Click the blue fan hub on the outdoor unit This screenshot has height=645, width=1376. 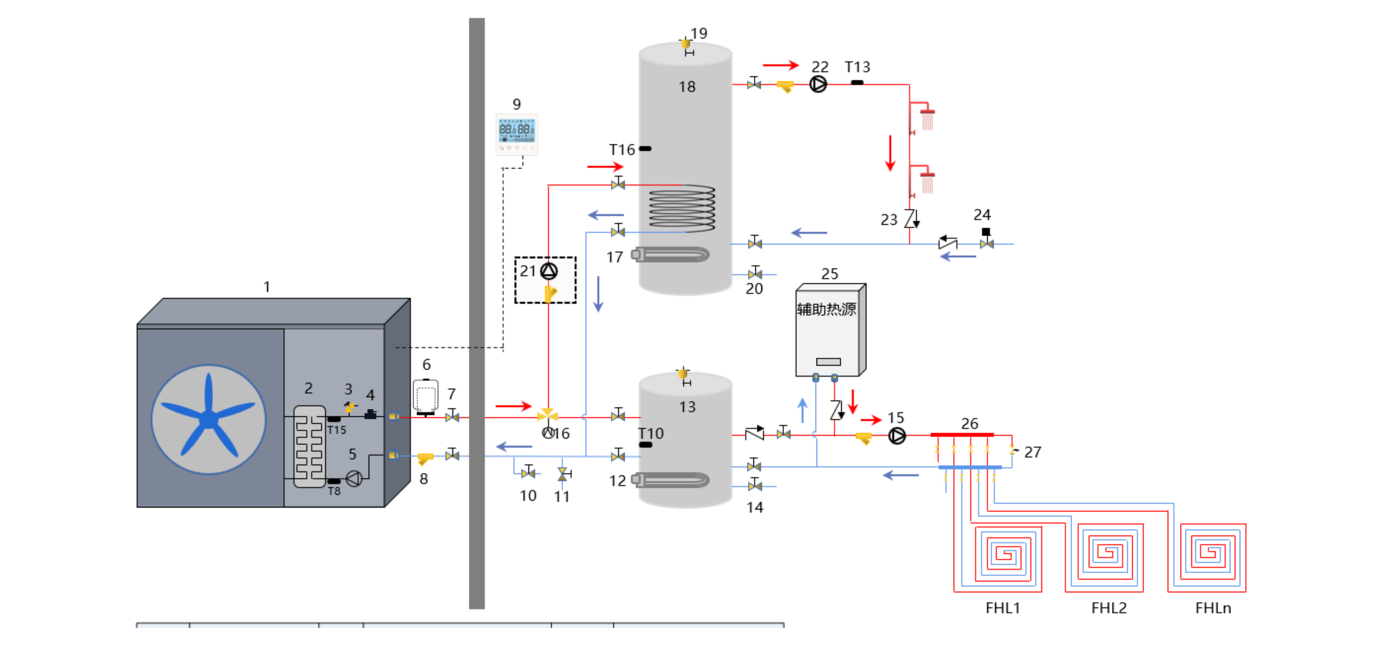pyautogui.click(x=208, y=419)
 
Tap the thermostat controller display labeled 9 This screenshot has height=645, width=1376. pyautogui.click(x=516, y=134)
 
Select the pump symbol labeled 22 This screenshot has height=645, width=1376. pyautogui.click(x=818, y=84)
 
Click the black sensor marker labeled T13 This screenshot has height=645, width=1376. pyautogui.click(x=857, y=82)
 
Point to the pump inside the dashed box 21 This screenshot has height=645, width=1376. pyautogui.click(x=549, y=271)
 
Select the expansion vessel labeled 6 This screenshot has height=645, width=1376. pyautogui.click(x=426, y=397)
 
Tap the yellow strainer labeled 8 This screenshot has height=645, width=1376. pyautogui.click(x=425, y=458)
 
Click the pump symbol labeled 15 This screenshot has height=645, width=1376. pyautogui.click(x=897, y=436)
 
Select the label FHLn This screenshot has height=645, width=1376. pyautogui.click(x=1213, y=608)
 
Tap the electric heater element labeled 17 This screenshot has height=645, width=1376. pyautogui.click(x=672, y=255)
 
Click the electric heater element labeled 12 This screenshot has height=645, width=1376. pyautogui.click(x=672, y=479)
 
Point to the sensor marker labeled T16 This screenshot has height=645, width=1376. pyautogui.click(x=645, y=148)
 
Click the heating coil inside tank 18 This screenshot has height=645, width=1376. pyautogui.click(x=682, y=208)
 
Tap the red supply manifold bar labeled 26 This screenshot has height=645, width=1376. pyautogui.click(x=961, y=435)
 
